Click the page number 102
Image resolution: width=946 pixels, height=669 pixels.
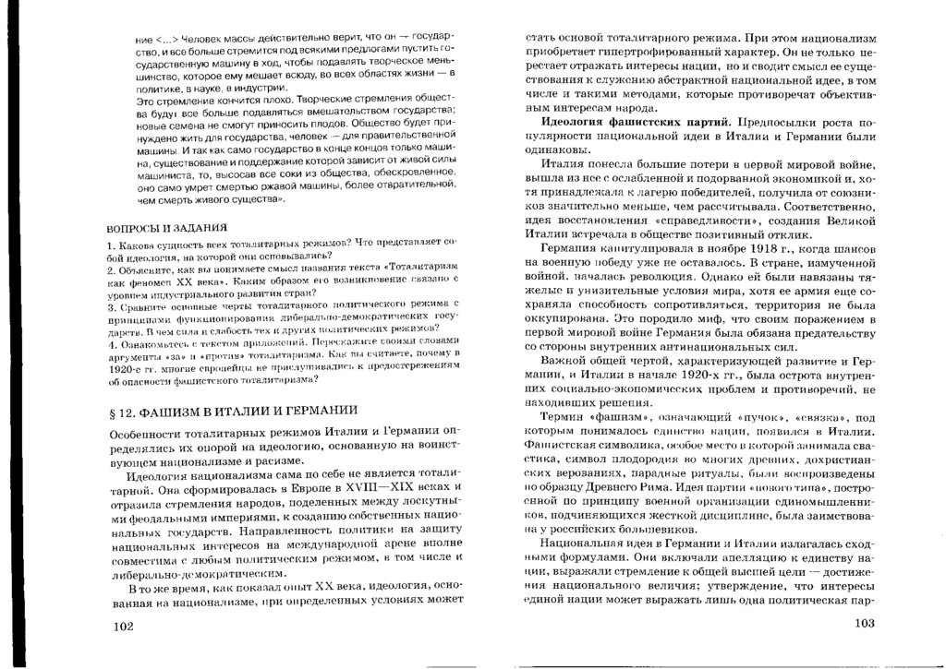click(122, 627)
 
